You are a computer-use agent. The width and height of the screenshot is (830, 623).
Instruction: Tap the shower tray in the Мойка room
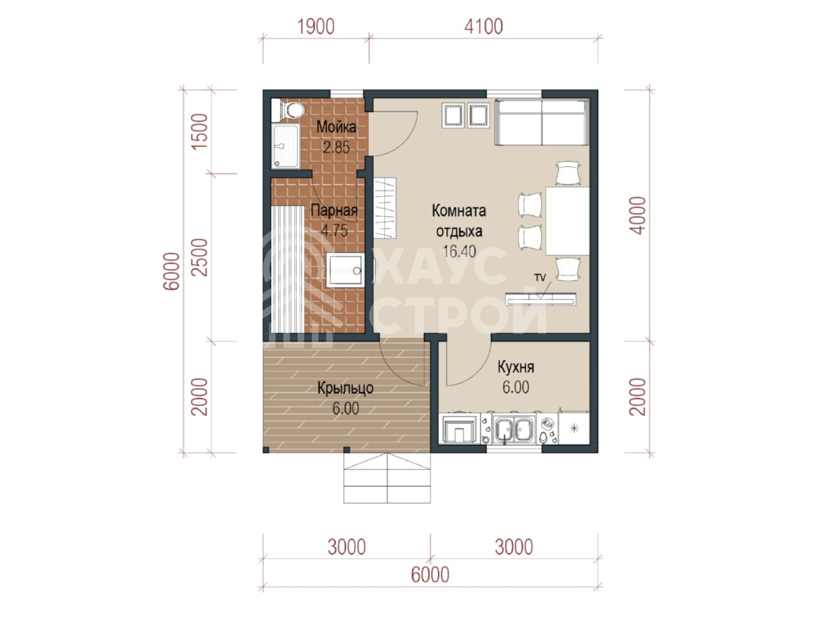click(286, 146)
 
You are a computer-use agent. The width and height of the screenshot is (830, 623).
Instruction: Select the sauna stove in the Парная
click(345, 271)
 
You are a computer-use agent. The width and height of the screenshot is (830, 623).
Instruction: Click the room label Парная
click(334, 210)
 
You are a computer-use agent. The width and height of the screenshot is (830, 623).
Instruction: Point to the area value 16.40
click(459, 251)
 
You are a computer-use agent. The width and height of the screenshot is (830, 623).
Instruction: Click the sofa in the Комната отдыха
click(542, 122)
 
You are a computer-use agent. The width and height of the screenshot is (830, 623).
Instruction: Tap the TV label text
click(540, 278)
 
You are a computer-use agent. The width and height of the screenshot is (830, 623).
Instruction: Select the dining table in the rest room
click(568, 221)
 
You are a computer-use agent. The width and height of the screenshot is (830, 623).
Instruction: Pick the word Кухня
click(516, 367)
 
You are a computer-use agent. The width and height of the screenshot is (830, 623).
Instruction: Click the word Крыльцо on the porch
click(345, 388)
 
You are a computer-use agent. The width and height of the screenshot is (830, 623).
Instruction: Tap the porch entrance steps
click(387, 478)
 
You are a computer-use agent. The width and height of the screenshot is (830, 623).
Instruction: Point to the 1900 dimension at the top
click(316, 27)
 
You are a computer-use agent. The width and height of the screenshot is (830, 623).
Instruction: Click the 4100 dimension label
click(484, 27)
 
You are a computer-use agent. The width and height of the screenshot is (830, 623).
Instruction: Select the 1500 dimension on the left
click(200, 132)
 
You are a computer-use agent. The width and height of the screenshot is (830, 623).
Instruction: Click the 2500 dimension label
click(200, 257)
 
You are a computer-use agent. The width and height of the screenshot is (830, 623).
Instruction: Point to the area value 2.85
click(336, 147)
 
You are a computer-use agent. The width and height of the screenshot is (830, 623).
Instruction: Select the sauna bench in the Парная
click(288, 269)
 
